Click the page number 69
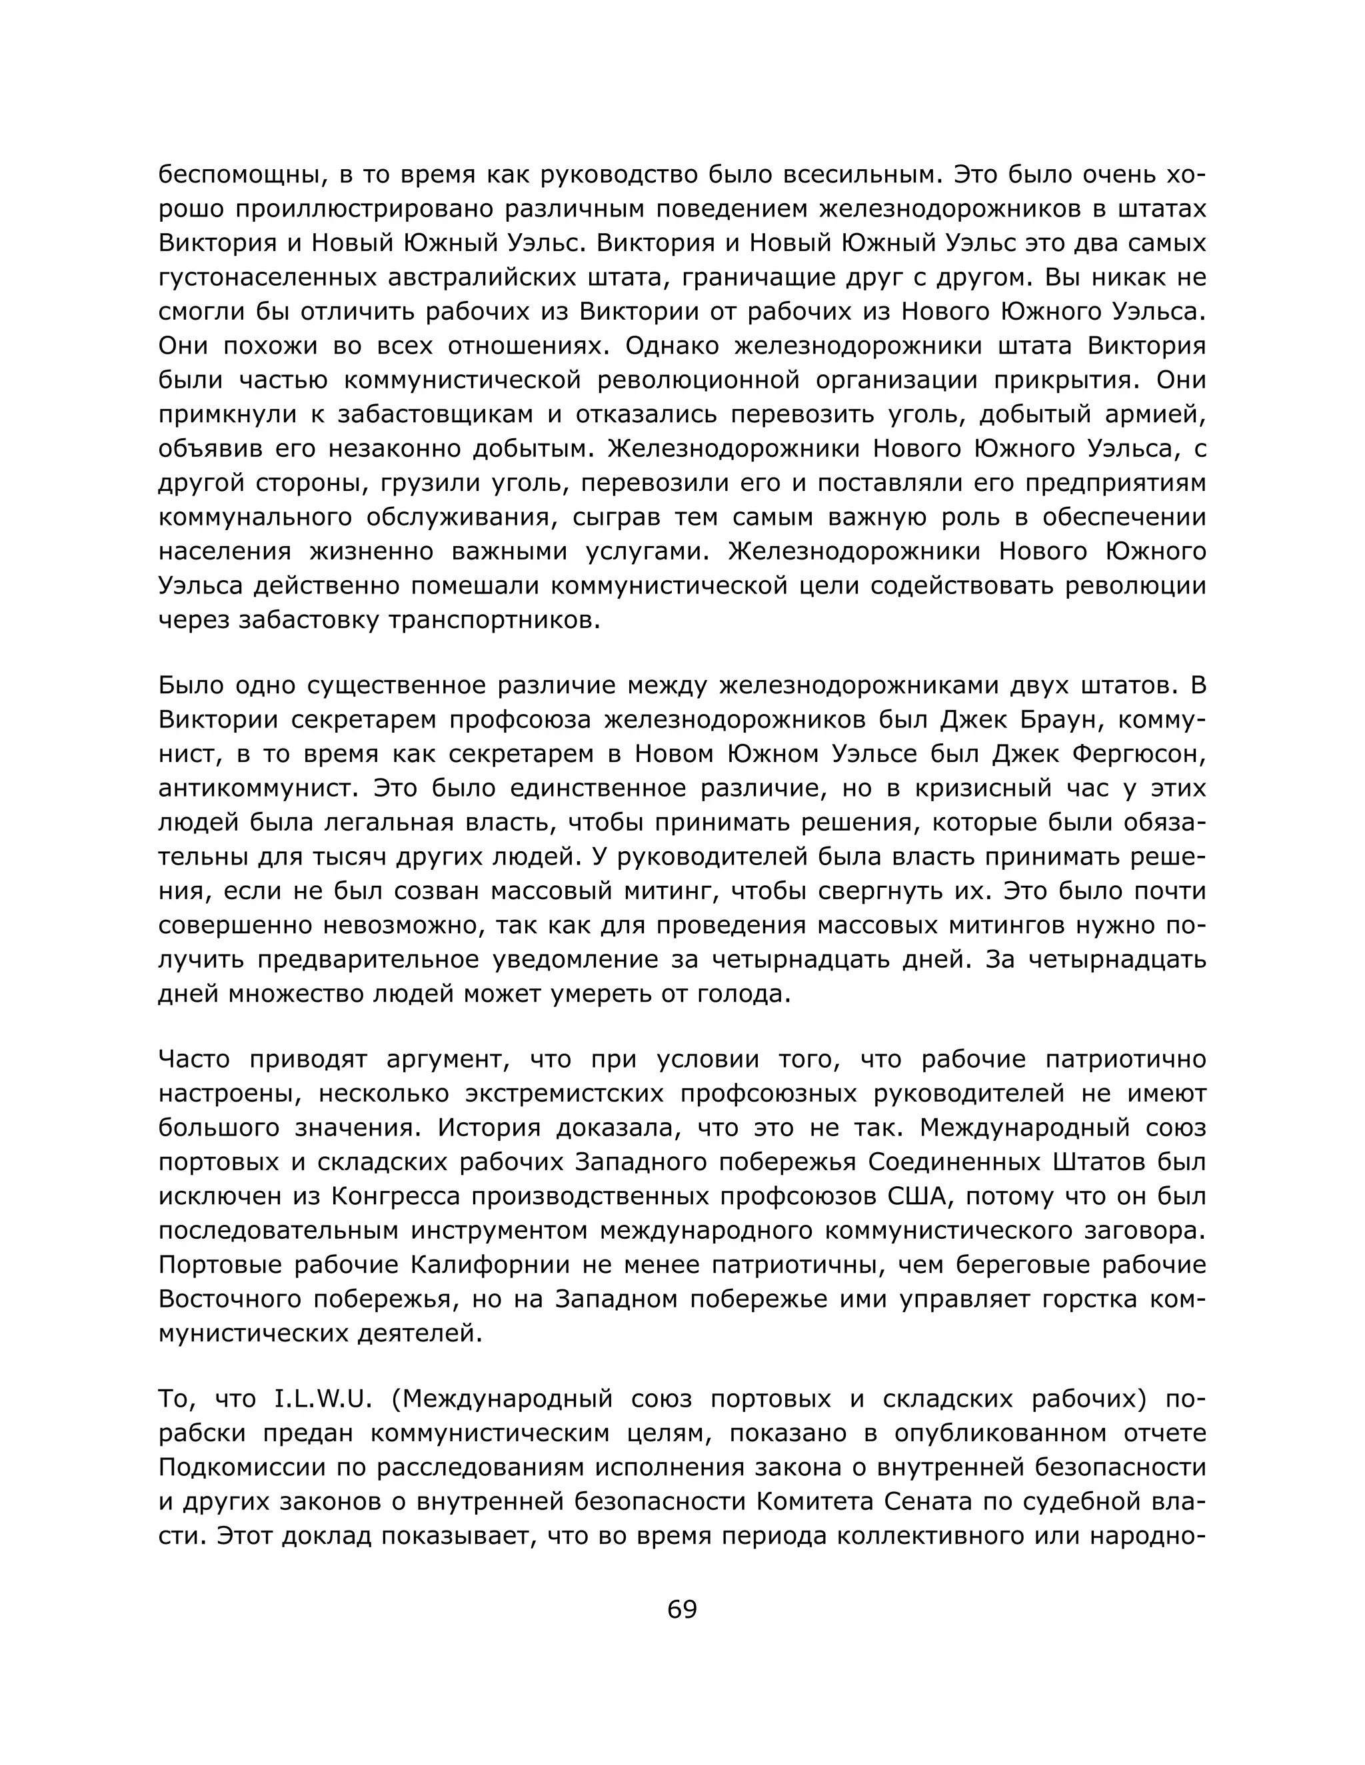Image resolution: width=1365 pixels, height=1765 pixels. click(682, 1609)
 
